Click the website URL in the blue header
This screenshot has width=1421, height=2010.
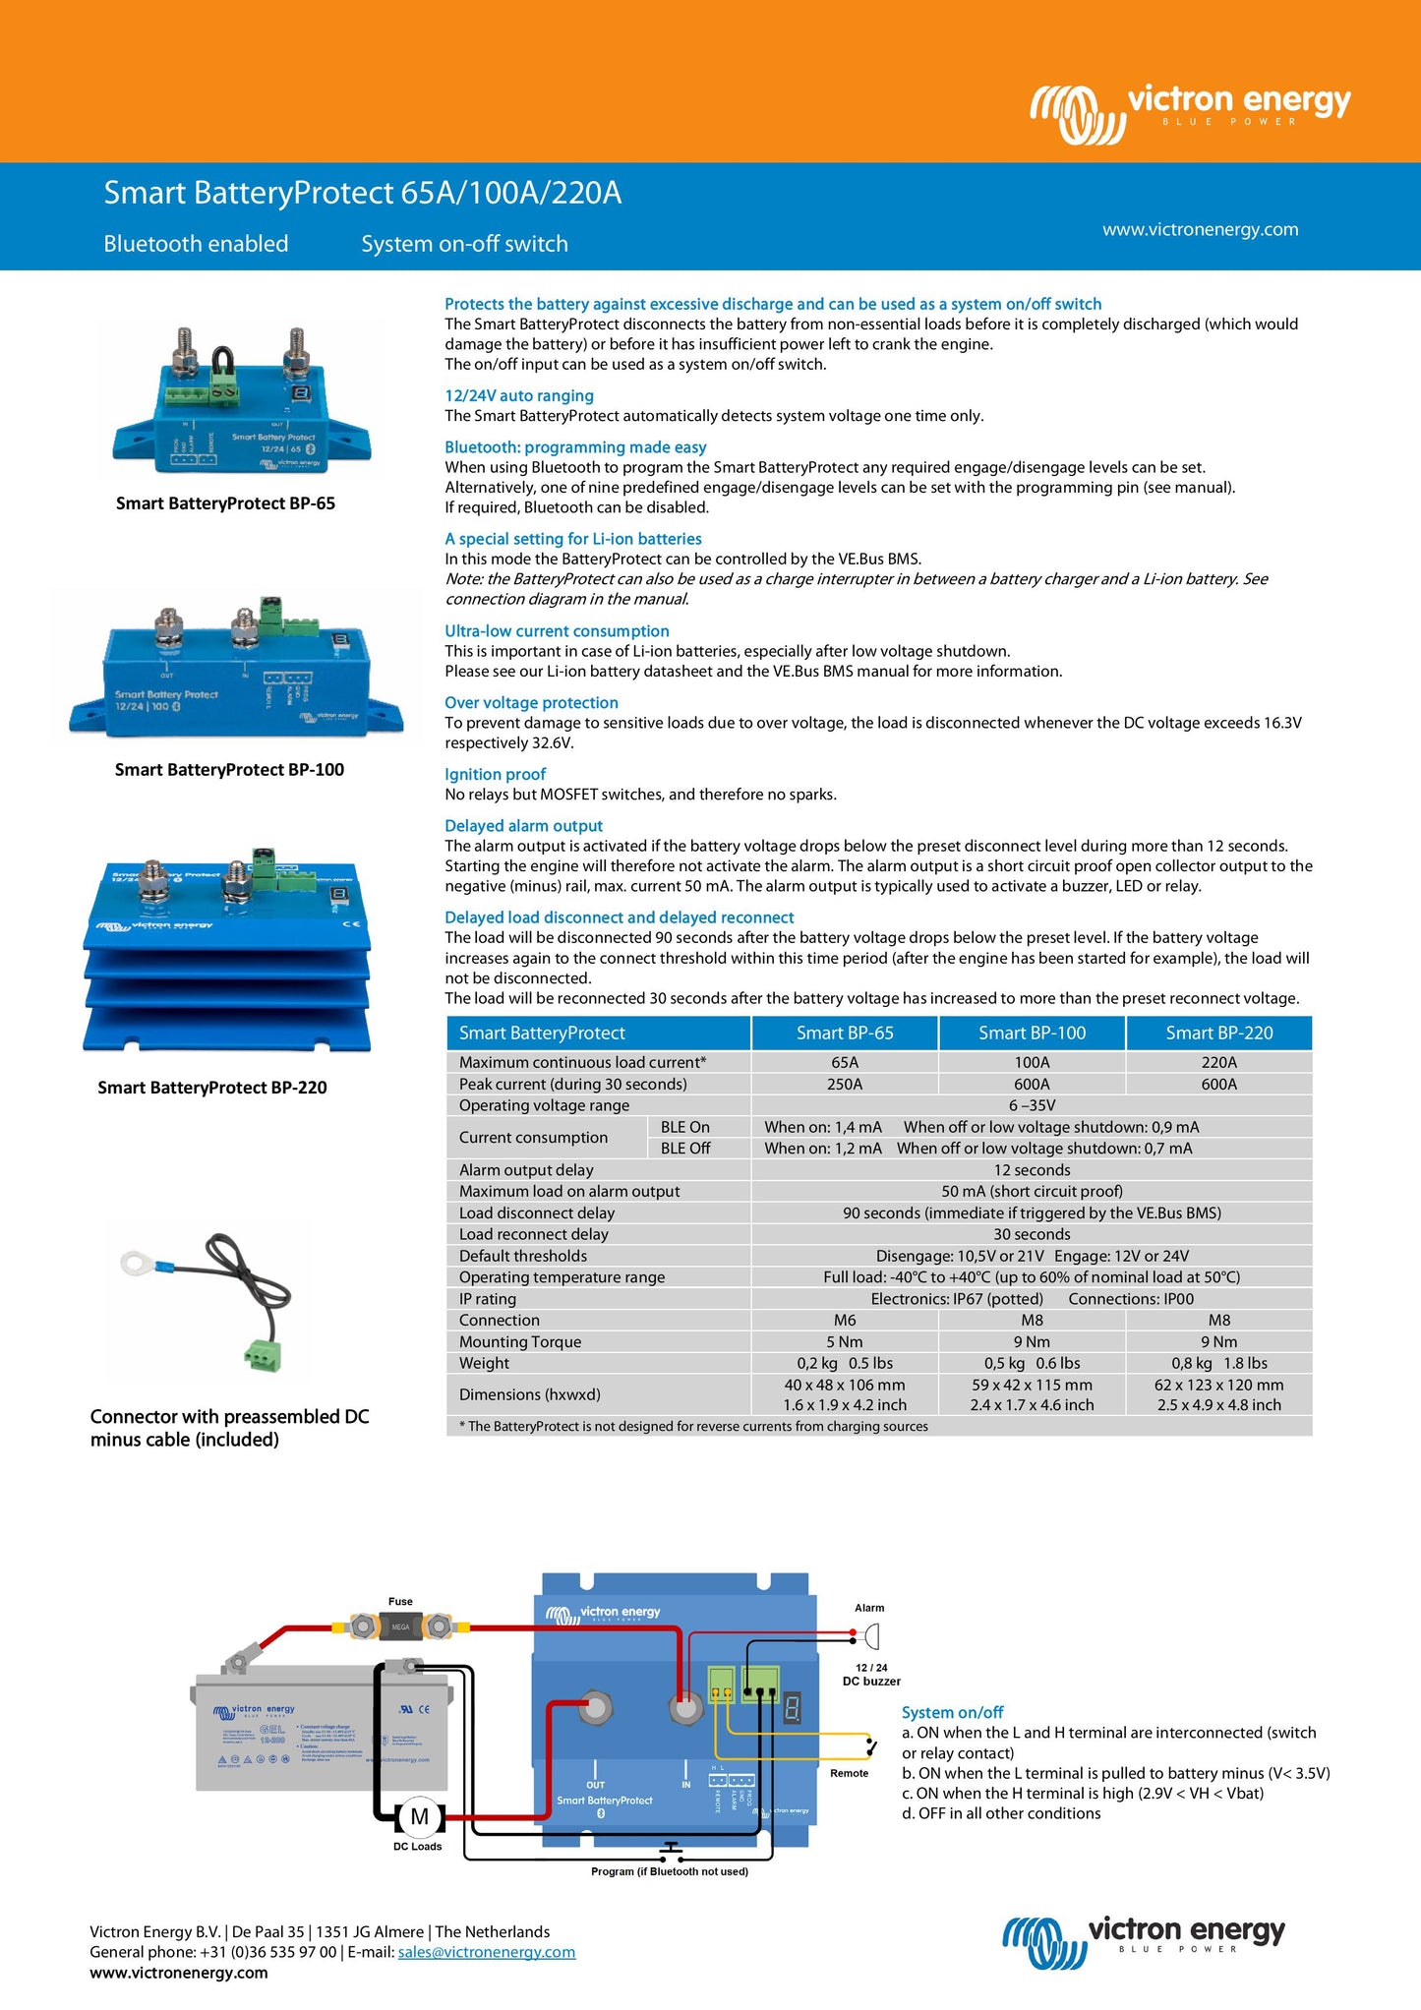click(x=1200, y=229)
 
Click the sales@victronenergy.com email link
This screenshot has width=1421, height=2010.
click(x=486, y=1952)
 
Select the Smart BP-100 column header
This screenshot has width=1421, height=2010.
click(x=1032, y=1033)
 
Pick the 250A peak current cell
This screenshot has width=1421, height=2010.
click(x=844, y=1084)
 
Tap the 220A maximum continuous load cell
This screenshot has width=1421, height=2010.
click(x=1218, y=1062)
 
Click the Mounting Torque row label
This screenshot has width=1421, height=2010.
click(x=519, y=1341)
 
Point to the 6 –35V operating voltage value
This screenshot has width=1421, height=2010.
click(x=1032, y=1105)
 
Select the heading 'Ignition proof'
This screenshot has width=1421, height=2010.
click(x=495, y=774)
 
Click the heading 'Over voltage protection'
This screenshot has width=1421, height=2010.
click(x=531, y=702)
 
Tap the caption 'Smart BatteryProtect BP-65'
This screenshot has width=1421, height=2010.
click(x=225, y=503)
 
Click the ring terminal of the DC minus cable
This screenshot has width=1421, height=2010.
click(x=134, y=1262)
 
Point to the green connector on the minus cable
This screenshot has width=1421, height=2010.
click(x=262, y=1355)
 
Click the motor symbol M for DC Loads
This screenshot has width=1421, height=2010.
click(x=420, y=1816)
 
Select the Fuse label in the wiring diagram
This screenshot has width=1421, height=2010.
click(x=400, y=1601)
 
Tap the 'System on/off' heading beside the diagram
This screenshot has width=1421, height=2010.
click(x=952, y=1712)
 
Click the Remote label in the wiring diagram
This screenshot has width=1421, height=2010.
click(x=849, y=1773)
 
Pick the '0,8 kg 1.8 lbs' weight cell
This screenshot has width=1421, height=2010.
click(x=1218, y=1363)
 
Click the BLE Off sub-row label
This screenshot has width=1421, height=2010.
click(x=684, y=1148)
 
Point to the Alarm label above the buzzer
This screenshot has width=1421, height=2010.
click(x=869, y=1608)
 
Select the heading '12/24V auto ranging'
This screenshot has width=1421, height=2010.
click(x=518, y=395)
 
